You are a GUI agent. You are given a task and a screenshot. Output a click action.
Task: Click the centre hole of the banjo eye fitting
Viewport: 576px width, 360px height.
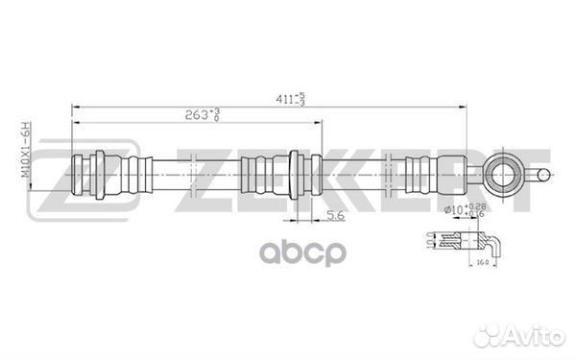pos(504,175)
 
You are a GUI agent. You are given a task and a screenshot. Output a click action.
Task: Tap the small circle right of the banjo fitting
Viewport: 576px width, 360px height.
pos(544,175)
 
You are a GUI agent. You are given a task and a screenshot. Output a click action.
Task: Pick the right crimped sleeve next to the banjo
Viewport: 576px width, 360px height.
pos(419,175)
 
